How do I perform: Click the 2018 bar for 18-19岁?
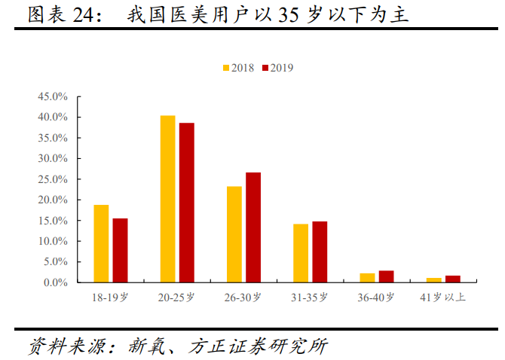tap(101, 244)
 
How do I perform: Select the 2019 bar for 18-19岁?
tap(120, 251)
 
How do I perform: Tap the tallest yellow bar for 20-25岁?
tap(167, 199)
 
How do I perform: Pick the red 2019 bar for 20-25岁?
tap(186, 203)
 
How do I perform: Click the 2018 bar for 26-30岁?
tap(234, 234)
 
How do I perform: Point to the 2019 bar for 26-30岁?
tap(253, 227)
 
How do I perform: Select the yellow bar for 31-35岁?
tap(301, 253)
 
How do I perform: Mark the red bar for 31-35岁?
tap(320, 252)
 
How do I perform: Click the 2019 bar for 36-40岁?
tap(386, 276)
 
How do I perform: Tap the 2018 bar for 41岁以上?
tap(433, 280)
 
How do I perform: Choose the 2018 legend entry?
tap(238, 68)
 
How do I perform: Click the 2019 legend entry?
tap(277, 68)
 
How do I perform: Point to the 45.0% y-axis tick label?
tap(54, 97)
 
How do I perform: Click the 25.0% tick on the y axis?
tap(54, 180)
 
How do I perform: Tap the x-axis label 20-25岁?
tap(176, 297)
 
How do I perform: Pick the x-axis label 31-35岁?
tap(310, 297)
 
